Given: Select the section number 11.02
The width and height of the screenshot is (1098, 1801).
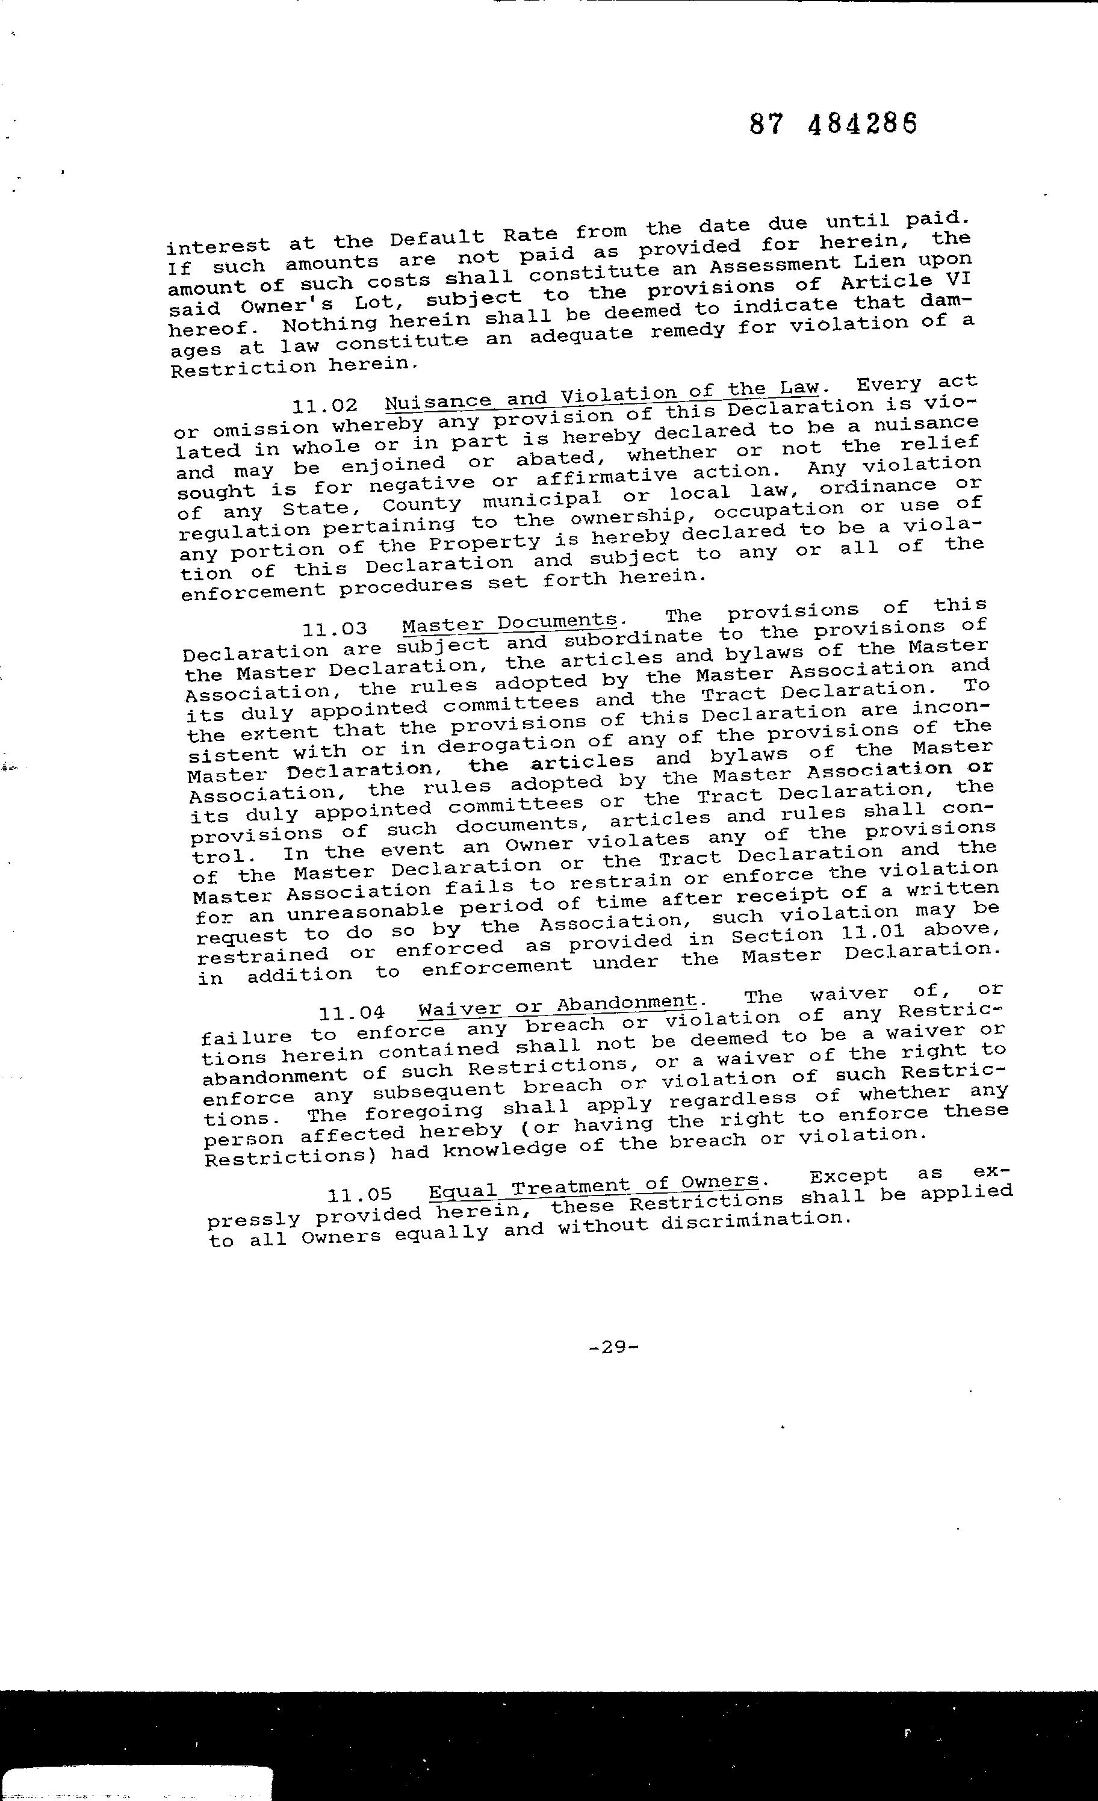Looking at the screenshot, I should point(324,406).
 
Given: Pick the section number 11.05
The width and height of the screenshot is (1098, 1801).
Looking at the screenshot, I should point(359,1195).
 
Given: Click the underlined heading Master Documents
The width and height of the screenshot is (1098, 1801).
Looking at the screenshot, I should point(509,624).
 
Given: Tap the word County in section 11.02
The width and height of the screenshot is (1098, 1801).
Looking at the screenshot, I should point(422,504).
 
